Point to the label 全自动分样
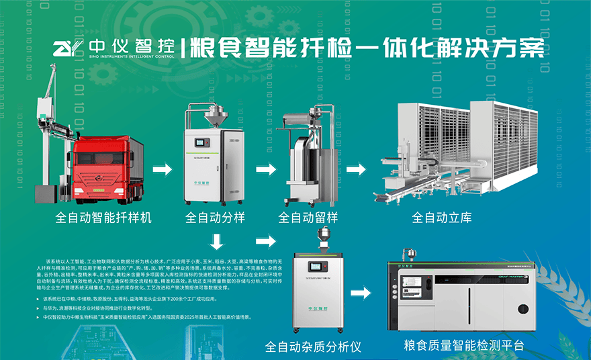[214, 218]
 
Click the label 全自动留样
[308, 218]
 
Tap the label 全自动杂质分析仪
[313, 347]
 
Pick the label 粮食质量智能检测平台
[463, 346]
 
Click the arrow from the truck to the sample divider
[162, 169]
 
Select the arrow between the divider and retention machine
[266, 169]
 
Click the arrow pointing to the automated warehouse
[356, 169]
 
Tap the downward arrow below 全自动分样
[217, 240]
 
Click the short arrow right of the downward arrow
[266, 240]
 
